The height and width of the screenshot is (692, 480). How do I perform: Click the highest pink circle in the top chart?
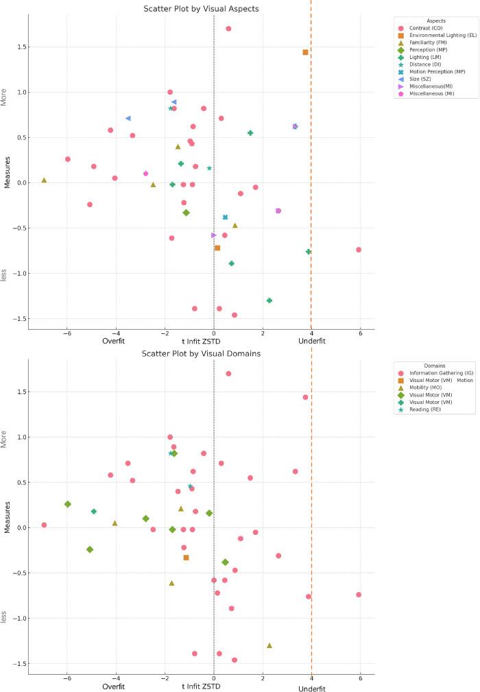click(x=228, y=29)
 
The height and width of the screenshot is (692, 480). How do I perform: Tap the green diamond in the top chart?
click(x=186, y=213)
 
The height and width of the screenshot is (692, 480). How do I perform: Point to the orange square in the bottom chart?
click(x=186, y=558)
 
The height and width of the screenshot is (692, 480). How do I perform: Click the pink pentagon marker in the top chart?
click(x=145, y=174)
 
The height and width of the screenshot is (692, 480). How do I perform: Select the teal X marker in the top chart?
click(x=225, y=217)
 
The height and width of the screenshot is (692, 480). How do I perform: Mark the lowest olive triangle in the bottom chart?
click(x=269, y=645)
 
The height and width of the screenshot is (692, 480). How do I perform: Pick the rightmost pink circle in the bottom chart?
click(x=359, y=595)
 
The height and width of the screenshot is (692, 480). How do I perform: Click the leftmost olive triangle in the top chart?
click(x=44, y=180)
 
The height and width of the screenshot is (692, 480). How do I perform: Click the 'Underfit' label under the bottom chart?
click(x=312, y=687)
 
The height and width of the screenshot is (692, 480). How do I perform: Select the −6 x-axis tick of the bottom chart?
click(x=67, y=678)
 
